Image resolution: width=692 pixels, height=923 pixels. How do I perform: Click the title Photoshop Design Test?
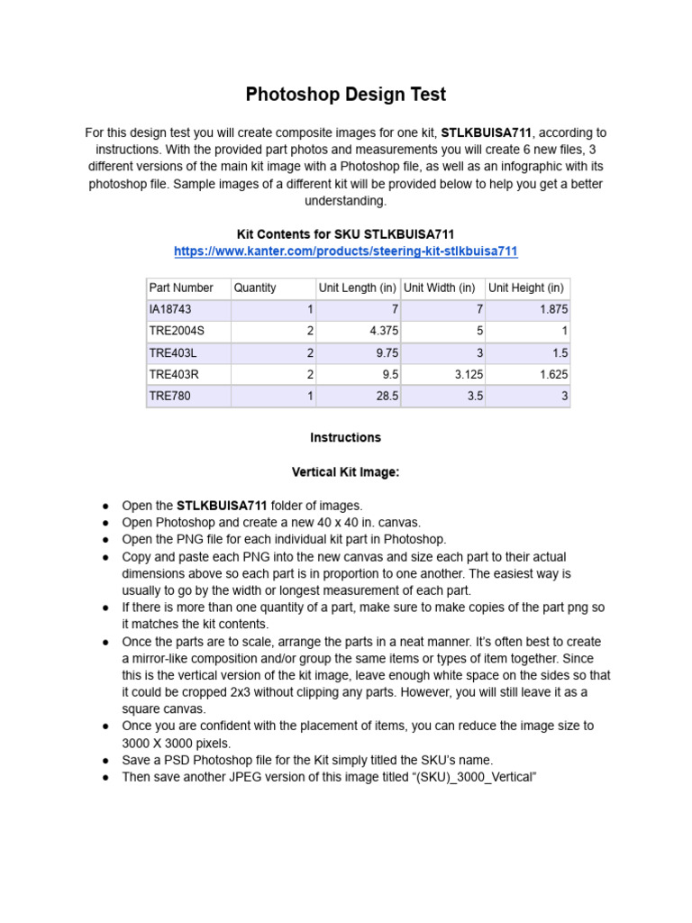click(346, 94)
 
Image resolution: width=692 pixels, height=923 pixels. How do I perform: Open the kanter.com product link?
click(346, 251)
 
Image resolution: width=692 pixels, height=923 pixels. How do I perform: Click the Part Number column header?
click(181, 288)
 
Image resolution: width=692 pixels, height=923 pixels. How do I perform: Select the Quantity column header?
click(255, 288)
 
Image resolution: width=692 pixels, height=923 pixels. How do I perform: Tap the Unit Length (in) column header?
click(357, 288)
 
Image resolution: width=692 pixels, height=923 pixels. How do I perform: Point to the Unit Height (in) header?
click(526, 288)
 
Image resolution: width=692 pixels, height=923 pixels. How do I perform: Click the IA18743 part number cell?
click(170, 309)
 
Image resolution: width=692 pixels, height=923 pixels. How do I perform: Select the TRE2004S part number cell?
click(177, 331)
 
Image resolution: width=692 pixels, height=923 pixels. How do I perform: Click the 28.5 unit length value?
click(387, 396)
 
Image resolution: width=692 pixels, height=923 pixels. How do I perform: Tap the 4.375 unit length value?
click(383, 331)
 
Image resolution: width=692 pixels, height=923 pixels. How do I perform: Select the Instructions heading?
click(346, 437)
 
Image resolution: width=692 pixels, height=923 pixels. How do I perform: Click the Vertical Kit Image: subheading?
click(346, 471)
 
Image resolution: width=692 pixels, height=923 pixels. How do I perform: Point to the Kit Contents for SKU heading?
click(346, 233)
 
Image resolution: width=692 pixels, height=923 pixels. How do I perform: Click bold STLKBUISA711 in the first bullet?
click(222, 506)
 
